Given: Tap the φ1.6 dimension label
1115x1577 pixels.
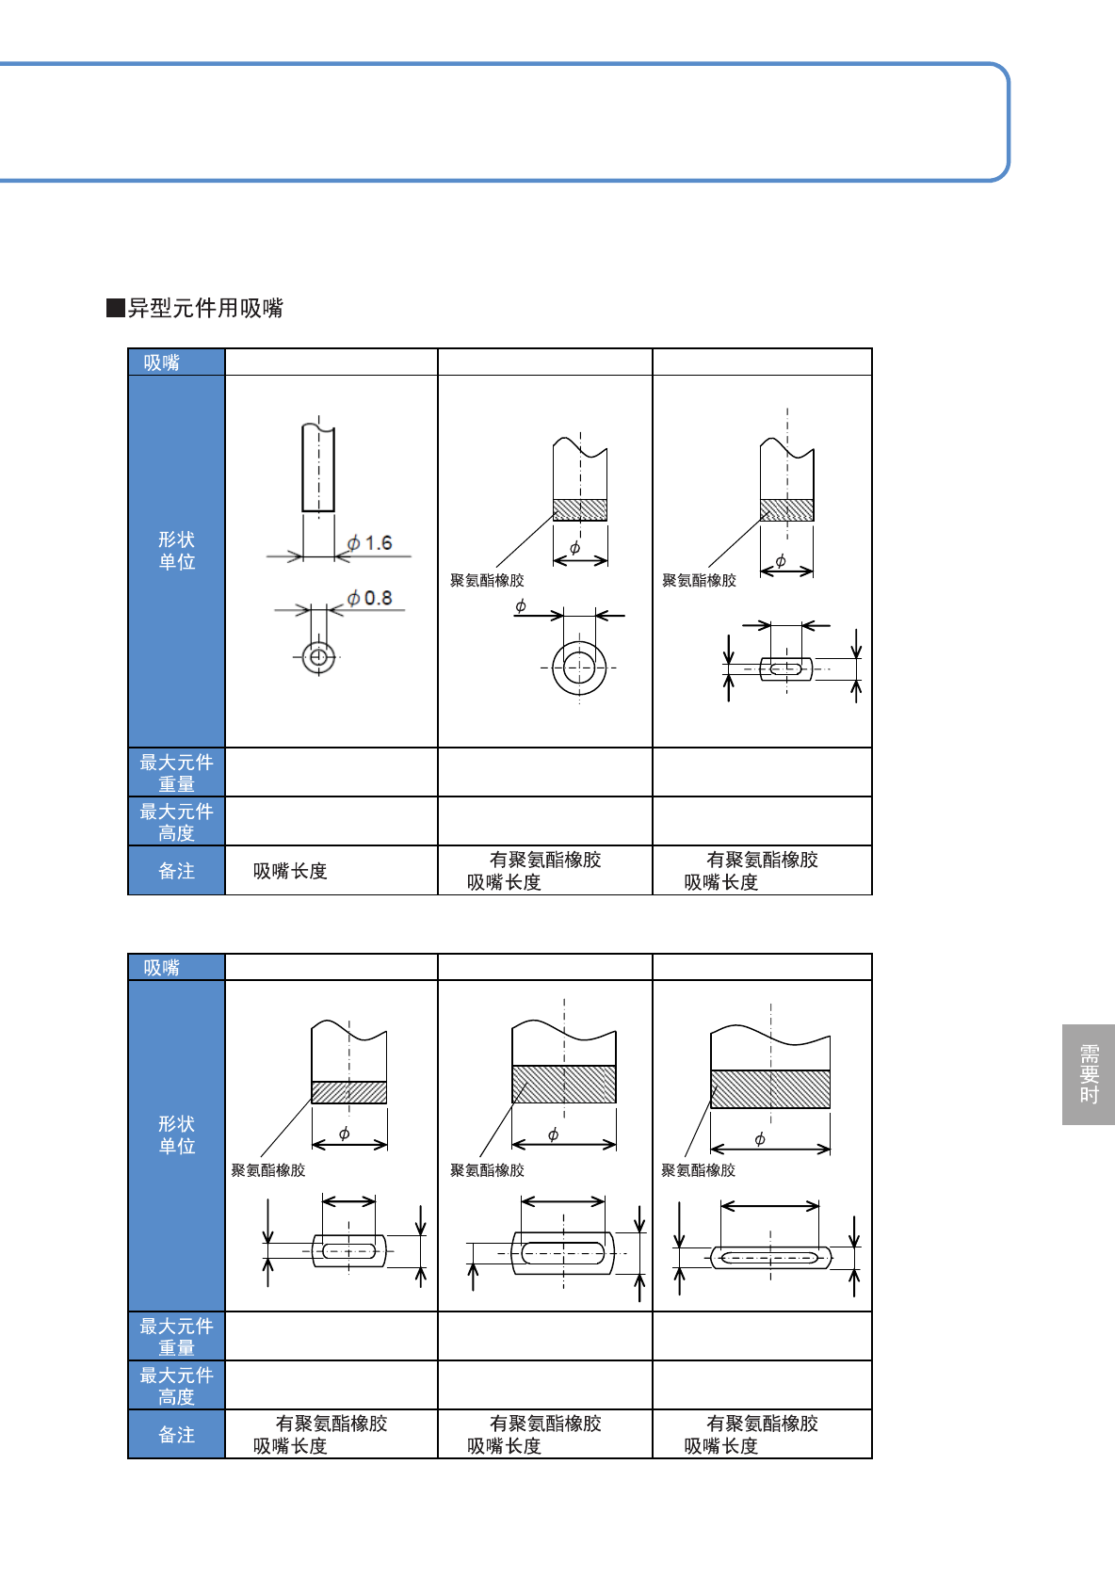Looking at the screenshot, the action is click(x=369, y=543).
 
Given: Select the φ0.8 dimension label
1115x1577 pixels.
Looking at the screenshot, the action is click(x=369, y=598).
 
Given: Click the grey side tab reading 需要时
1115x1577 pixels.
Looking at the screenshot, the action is click(x=1089, y=1074).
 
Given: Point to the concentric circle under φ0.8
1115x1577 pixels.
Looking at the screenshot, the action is click(x=318, y=656).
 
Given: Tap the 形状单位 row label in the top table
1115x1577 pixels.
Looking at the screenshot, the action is click(x=176, y=551).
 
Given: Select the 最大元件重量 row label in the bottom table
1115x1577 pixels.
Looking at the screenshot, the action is click(x=176, y=1337).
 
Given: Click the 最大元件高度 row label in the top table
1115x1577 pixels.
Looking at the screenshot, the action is click(x=176, y=822).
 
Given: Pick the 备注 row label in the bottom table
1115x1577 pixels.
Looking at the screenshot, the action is click(x=176, y=1435).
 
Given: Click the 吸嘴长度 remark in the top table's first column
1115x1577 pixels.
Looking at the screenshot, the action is click(x=290, y=872).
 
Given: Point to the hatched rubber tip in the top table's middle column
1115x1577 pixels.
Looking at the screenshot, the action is click(x=580, y=509).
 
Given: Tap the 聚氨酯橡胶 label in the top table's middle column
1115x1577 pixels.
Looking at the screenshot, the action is click(x=487, y=581).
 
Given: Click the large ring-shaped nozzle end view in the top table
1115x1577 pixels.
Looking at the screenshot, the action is click(x=579, y=668).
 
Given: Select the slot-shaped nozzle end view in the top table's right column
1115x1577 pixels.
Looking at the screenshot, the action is click(x=786, y=669).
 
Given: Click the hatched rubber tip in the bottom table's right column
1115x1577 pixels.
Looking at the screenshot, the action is click(x=770, y=1089).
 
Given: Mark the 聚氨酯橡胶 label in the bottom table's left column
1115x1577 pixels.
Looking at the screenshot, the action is click(x=268, y=1170).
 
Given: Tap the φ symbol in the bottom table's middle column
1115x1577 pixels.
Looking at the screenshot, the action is click(x=553, y=1134).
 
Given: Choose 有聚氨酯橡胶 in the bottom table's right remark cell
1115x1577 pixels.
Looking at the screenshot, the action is click(x=763, y=1424).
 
